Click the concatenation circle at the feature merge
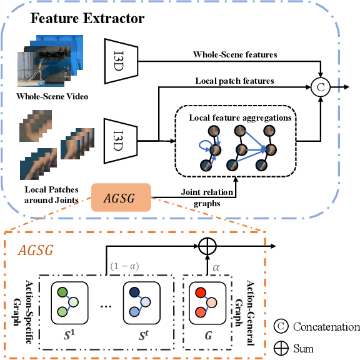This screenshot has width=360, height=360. point(321,87)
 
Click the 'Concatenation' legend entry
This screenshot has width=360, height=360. point(317,327)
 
